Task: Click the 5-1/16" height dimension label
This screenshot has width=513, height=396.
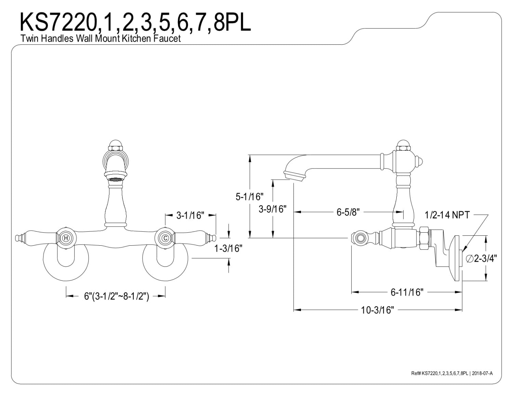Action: click(x=249, y=196)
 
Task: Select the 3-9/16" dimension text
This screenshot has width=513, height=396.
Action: click(x=273, y=209)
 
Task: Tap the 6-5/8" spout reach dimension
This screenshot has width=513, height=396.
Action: click(x=348, y=212)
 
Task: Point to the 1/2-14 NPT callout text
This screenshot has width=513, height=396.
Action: click(x=447, y=215)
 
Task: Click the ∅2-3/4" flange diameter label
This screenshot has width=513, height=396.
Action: click(x=482, y=259)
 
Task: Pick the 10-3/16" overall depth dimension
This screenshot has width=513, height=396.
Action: click(x=378, y=310)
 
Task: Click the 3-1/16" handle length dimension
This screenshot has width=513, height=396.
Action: click(x=190, y=215)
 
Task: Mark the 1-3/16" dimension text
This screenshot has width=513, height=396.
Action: click(x=228, y=248)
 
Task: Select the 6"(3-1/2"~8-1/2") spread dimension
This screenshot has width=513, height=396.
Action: click(x=117, y=296)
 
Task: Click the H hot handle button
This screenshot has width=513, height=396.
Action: click(x=66, y=238)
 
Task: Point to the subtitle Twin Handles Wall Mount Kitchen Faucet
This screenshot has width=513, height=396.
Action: click(x=101, y=38)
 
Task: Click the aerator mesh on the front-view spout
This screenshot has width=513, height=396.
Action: click(x=116, y=179)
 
